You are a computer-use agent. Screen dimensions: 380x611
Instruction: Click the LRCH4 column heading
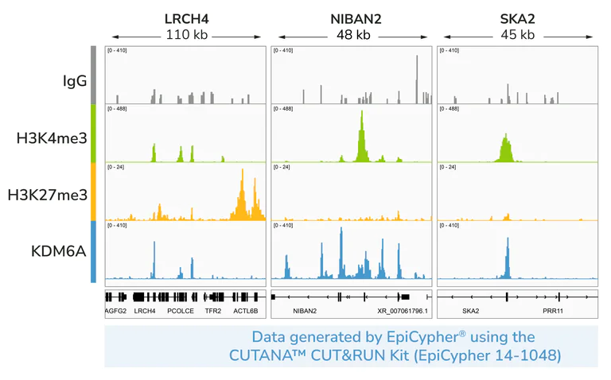click(185, 18)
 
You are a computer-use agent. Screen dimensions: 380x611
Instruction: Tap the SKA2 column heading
click(518, 18)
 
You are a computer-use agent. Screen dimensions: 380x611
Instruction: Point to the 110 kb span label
click(185, 35)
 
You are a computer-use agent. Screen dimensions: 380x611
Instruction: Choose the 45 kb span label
click(518, 35)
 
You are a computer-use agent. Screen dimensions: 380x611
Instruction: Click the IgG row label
click(75, 80)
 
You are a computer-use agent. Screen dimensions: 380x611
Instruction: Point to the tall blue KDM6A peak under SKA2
click(507, 254)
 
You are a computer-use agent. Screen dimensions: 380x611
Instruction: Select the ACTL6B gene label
click(246, 312)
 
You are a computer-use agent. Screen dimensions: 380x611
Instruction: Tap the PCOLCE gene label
click(181, 312)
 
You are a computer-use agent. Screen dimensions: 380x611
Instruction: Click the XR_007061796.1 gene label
click(403, 312)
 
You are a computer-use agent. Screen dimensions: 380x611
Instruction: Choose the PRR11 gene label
click(553, 312)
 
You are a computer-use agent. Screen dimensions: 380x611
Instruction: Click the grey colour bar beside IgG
click(93, 75)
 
